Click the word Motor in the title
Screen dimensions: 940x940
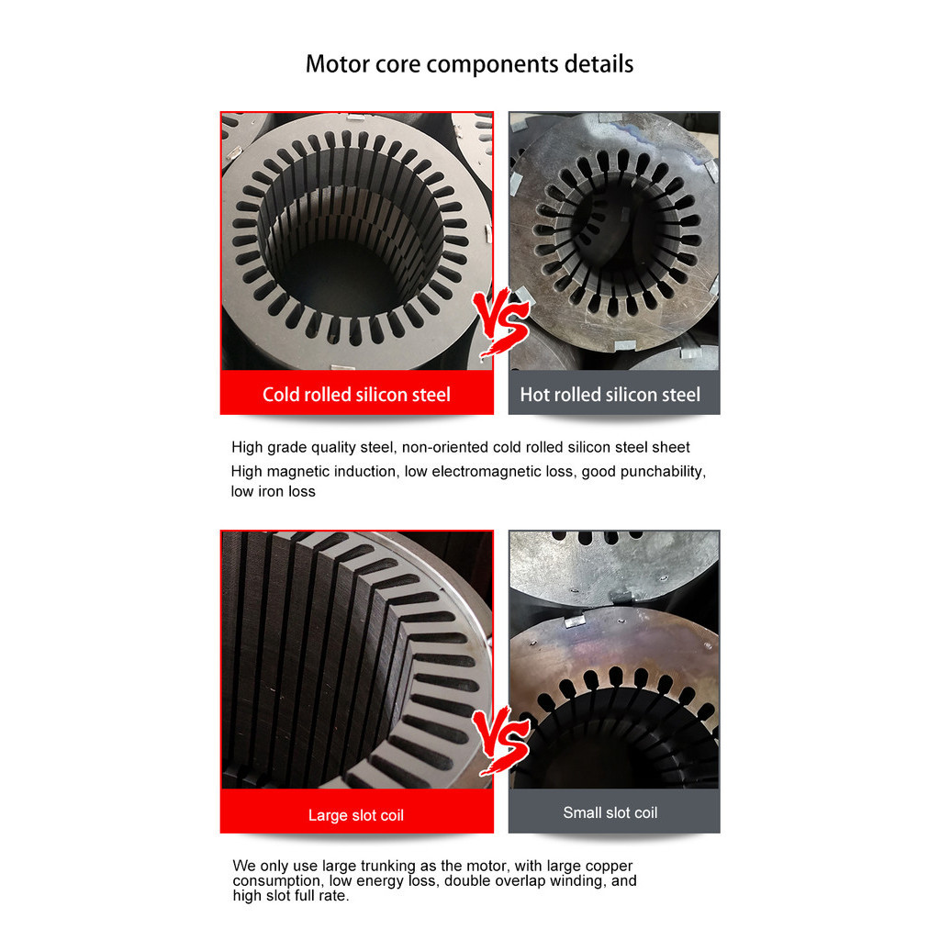(338, 63)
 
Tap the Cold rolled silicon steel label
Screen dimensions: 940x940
(356, 395)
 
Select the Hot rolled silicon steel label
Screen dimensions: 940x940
(610, 395)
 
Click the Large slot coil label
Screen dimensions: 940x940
(356, 815)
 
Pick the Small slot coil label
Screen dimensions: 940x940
(610, 812)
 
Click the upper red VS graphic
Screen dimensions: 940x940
(501, 321)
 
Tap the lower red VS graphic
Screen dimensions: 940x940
(501, 740)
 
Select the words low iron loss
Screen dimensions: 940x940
(273, 492)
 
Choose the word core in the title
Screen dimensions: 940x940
(397, 64)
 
